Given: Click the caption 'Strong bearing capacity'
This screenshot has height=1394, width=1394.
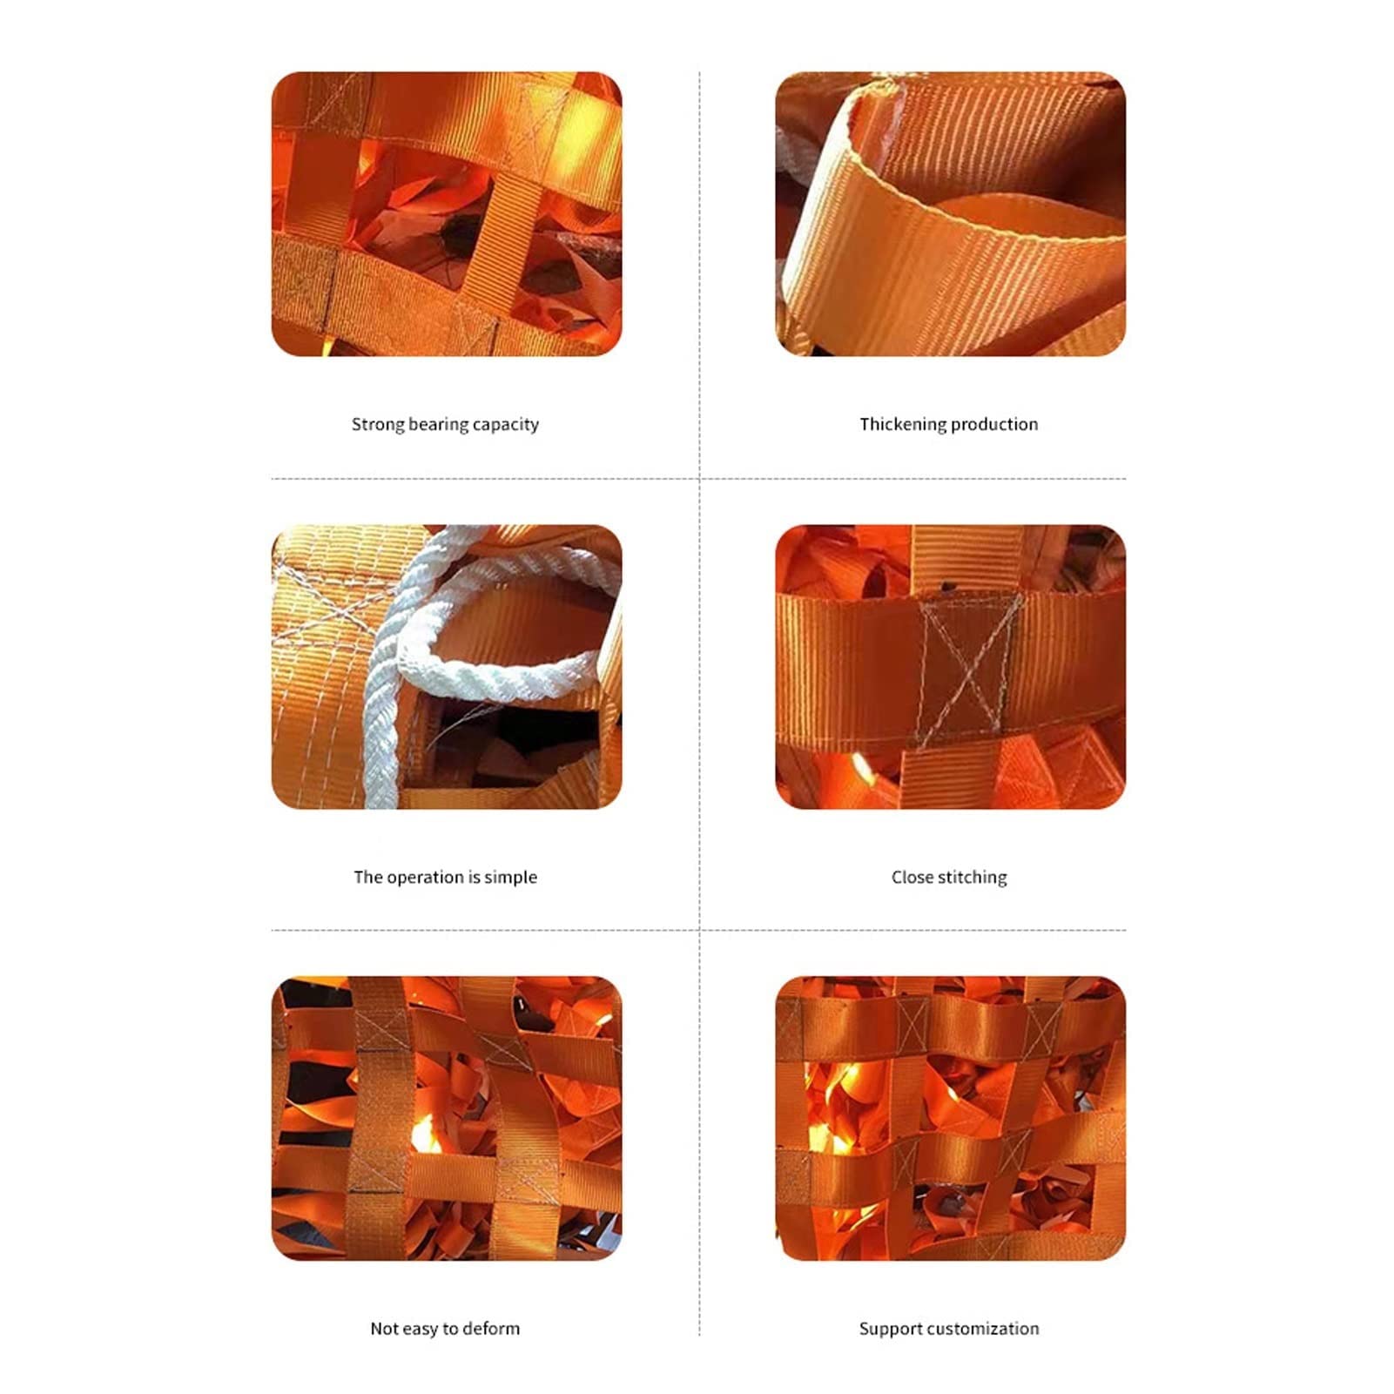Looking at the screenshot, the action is click(445, 425).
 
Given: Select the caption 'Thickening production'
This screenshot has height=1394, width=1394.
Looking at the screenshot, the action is click(949, 425).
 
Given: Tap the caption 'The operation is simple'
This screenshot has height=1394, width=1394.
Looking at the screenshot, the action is click(445, 878).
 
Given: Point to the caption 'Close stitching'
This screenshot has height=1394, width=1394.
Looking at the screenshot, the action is click(949, 878).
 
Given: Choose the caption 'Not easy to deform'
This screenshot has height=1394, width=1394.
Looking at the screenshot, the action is click(445, 1329).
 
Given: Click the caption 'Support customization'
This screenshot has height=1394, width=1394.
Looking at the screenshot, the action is click(949, 1329).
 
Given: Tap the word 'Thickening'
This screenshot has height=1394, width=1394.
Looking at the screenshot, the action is click(901, 425).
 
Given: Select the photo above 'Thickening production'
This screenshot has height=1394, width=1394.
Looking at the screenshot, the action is click(950, 214).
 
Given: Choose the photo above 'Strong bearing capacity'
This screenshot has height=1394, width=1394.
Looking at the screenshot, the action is click(447, 214).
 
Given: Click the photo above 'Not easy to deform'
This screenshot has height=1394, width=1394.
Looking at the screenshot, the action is click(447, 1118).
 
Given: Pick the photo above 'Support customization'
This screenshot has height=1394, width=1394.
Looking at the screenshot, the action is click(950, 1118).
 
